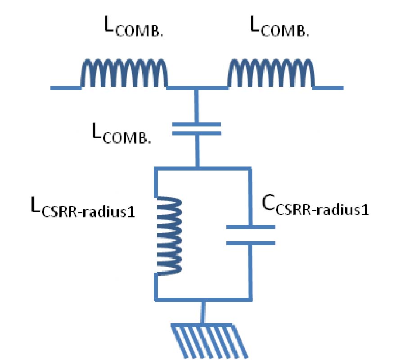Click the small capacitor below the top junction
pos(197,129)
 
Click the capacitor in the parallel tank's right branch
pos(250,235)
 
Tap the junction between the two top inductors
pos(197,87)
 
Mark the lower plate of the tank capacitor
pos(250,243)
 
